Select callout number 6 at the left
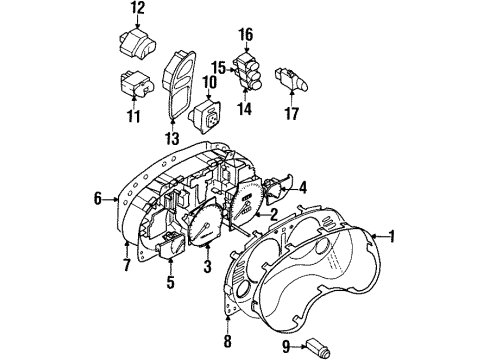(x=98, y=200)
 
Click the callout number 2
(x=272, y=213)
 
